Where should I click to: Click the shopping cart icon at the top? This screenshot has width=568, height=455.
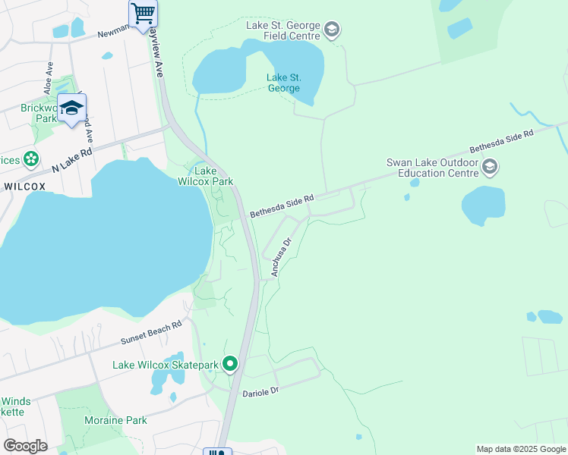[x=143, y=13]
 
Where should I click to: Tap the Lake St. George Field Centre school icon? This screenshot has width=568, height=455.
[x=331, y=30]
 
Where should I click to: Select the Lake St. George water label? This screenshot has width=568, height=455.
[x=283, y=83]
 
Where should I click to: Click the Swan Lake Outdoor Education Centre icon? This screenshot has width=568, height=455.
[x=490, y=167]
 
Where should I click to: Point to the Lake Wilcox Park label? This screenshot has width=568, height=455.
[x=205, y=176]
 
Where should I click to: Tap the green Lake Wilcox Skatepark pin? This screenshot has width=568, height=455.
[x=230, y=365]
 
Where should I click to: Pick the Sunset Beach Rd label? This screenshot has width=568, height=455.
[x=150, y=333]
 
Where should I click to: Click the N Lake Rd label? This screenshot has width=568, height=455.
[x=71, y=159]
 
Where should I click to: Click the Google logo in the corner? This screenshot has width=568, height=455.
[x=25, y=446]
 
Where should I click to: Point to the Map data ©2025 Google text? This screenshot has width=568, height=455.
[x=520, y=449]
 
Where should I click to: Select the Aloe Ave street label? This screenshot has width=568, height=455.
[x=49, y=78]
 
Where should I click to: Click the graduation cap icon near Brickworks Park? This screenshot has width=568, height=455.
[x=71, y=108]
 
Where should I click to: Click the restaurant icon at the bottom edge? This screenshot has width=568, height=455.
[x=216, y=452]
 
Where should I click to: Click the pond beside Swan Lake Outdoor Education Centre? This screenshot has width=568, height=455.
[x=483, y=205]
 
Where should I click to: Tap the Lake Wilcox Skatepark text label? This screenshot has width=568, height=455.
[x=165, y=366]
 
